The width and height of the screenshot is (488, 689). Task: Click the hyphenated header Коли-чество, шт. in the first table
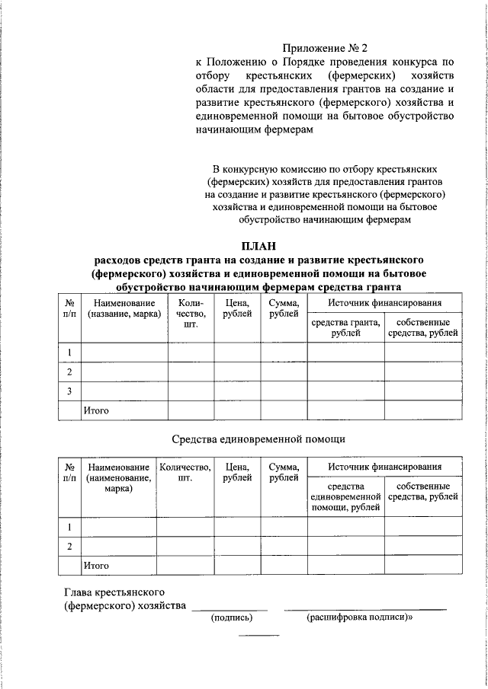(191, 314)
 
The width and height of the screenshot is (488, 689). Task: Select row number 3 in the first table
(69, 391)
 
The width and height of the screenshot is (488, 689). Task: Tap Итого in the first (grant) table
(96, 410)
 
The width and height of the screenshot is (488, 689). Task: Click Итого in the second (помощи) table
(96, 566)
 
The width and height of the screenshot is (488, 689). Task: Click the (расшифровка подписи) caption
(358, 617)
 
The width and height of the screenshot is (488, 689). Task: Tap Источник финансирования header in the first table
(384, 303)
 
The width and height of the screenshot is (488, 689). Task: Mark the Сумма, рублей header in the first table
(284, 308)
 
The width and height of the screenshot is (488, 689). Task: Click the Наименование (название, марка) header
(124, 308)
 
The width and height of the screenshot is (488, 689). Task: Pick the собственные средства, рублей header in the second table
(422, 491)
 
